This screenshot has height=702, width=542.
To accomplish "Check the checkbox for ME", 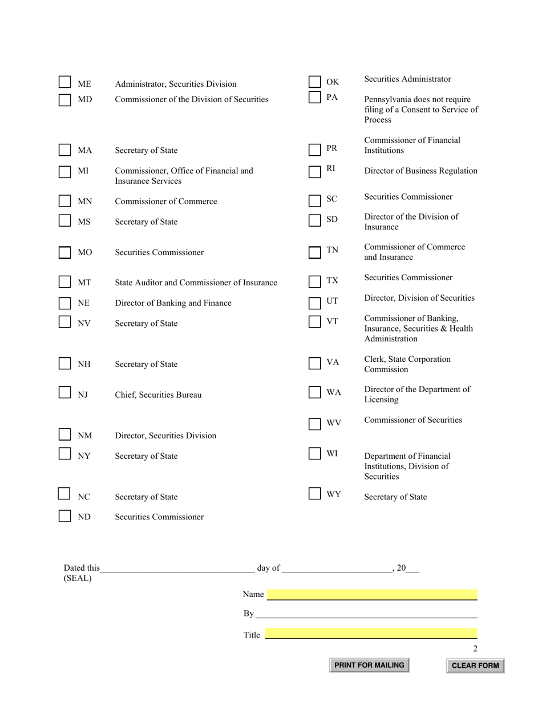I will coord(65,83).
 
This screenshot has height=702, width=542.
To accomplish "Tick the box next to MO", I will coord(65,252).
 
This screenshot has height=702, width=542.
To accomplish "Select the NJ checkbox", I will coord(65,393).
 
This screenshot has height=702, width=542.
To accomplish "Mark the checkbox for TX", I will coord(315,281).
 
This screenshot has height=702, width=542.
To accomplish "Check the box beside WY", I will coord(315,494).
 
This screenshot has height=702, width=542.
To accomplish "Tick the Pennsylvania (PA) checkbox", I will coord(315,97).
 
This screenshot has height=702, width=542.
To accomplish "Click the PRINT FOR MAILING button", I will coord(369,665).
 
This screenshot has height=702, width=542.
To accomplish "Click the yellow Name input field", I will coord(372,595).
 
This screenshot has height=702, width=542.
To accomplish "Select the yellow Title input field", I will coord(371,634).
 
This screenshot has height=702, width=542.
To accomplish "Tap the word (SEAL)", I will coord(78,578).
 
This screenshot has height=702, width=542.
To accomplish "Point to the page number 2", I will coord(475,648).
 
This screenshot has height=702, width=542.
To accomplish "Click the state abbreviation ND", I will coord(84,517).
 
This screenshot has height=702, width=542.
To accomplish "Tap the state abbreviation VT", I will coord(332,321).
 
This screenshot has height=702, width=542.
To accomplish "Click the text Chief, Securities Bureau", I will coord(158,395).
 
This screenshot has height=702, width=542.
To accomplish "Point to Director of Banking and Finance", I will coord(173,303).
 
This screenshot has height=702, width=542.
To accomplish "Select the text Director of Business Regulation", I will coord(420,171).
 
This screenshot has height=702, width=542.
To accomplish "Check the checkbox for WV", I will coord(315,424).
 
